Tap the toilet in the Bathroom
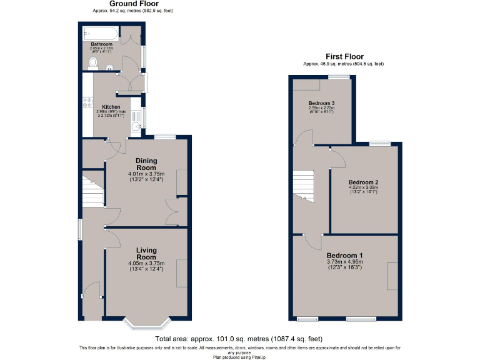pyautogui.click(x=93, y=63)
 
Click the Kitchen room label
pyautogui.click(x=111, y=107)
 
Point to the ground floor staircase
pyautogui.click(x=93, y=190)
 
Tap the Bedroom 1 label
pyautogui.click(x=344, y=256)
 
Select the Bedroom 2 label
pyautogui.click(x=364, y=182)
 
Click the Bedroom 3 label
pyautogui.click(x=322, y=103)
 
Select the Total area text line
pyautogui.click(x=240, y=339)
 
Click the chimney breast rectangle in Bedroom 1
pyautogui.click(x=392, y=276)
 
